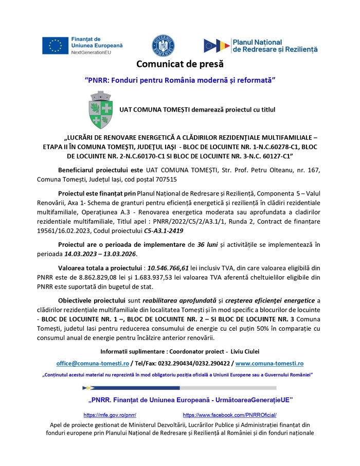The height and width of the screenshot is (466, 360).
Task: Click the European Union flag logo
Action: (x=56, y=46)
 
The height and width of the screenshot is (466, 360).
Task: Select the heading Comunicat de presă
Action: (x=180, y=65)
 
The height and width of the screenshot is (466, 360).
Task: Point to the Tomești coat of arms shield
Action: (x=101, y=110)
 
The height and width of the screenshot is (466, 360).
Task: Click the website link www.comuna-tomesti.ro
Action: (x=269, y=363)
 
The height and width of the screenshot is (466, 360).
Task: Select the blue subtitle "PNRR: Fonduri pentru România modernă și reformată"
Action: (x=180, y=80)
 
